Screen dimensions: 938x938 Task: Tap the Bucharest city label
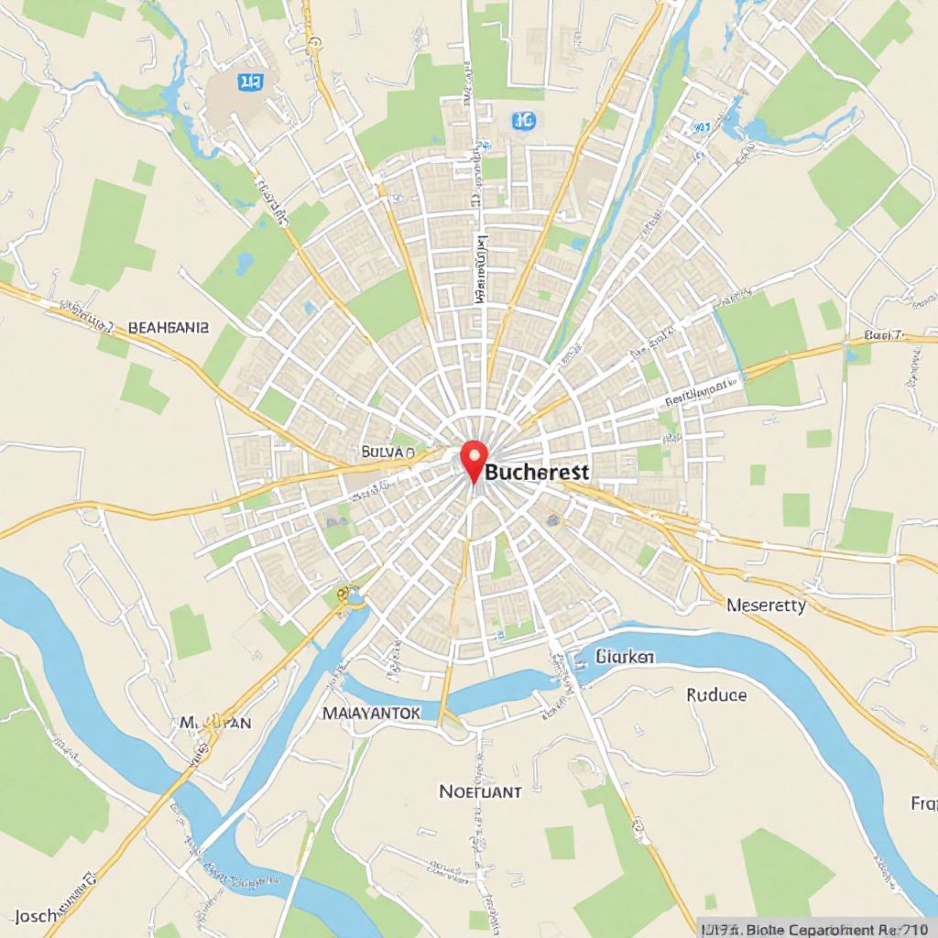538,472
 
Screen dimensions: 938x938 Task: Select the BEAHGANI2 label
169,326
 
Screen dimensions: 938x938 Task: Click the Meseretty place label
766,605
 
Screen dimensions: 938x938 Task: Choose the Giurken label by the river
626,656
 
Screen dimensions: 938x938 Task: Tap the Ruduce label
716,694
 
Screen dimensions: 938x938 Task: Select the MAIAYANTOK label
371,712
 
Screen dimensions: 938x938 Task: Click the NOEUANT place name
480,791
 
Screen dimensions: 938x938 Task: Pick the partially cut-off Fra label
922,804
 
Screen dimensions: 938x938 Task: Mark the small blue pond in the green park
244,265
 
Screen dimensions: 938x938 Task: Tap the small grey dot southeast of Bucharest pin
552,519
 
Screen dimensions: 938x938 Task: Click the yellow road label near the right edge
884,336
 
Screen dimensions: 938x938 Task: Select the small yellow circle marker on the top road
315,42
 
